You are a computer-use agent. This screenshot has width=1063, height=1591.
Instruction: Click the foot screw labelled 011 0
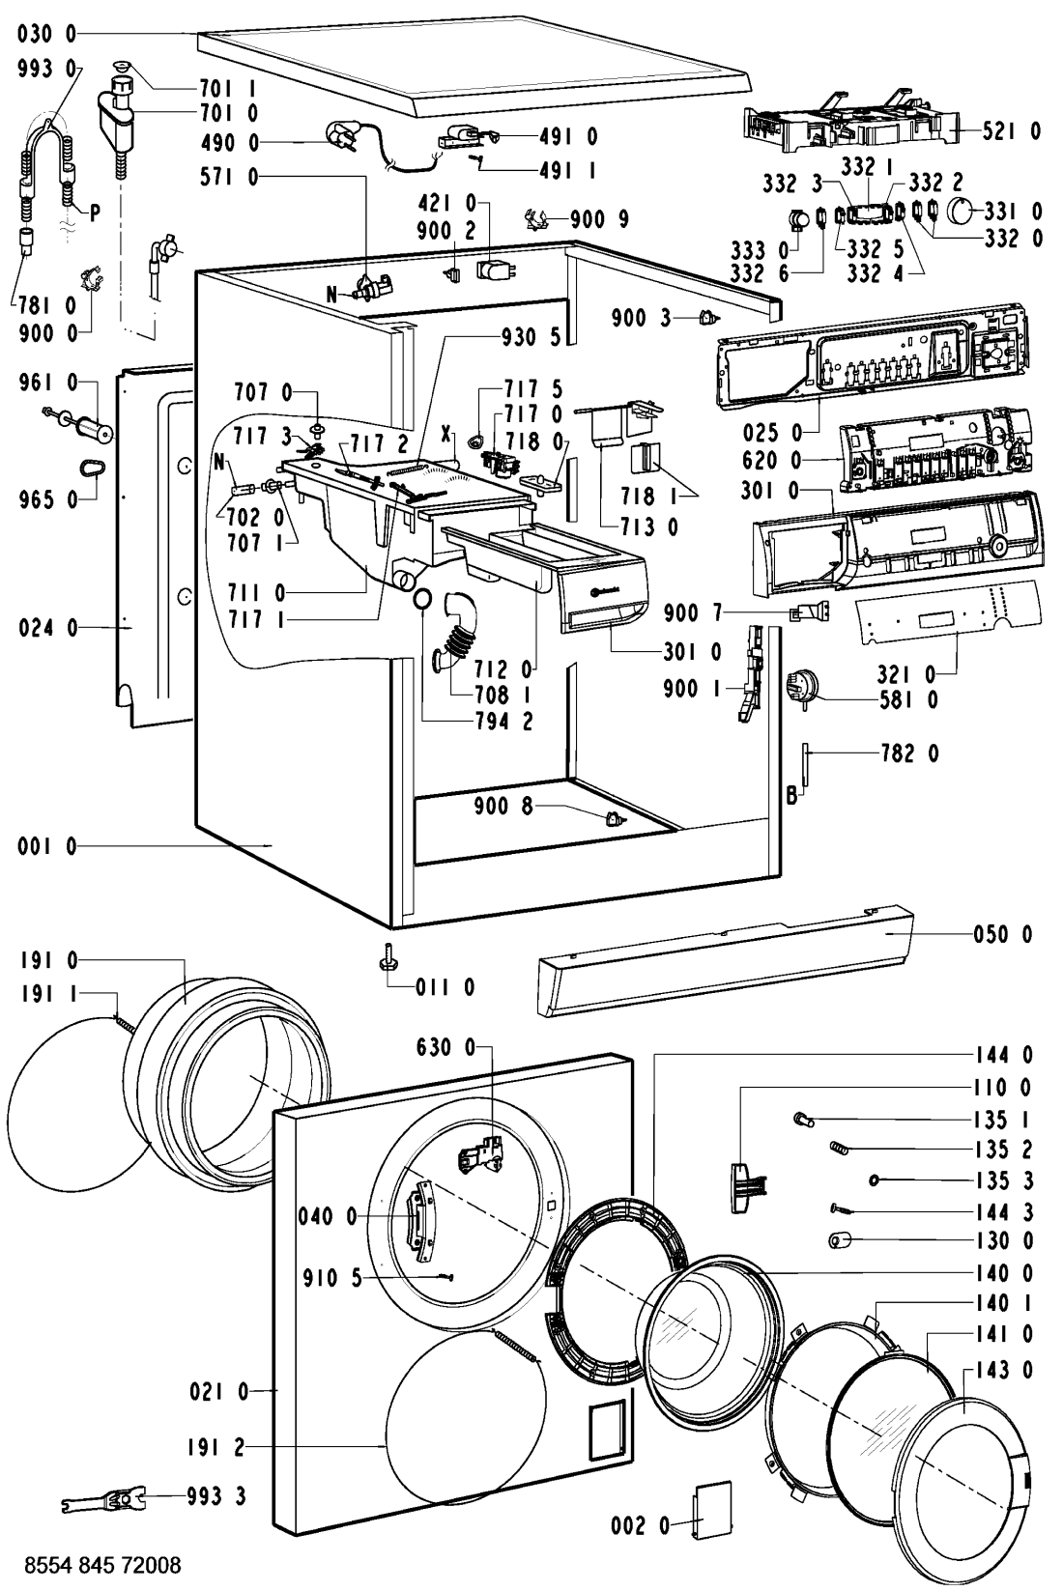[x=388, y=960]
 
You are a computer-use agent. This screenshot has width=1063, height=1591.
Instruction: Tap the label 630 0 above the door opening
[x=445, y=1047]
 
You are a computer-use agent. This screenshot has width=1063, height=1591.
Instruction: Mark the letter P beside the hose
[x=95, y=214]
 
